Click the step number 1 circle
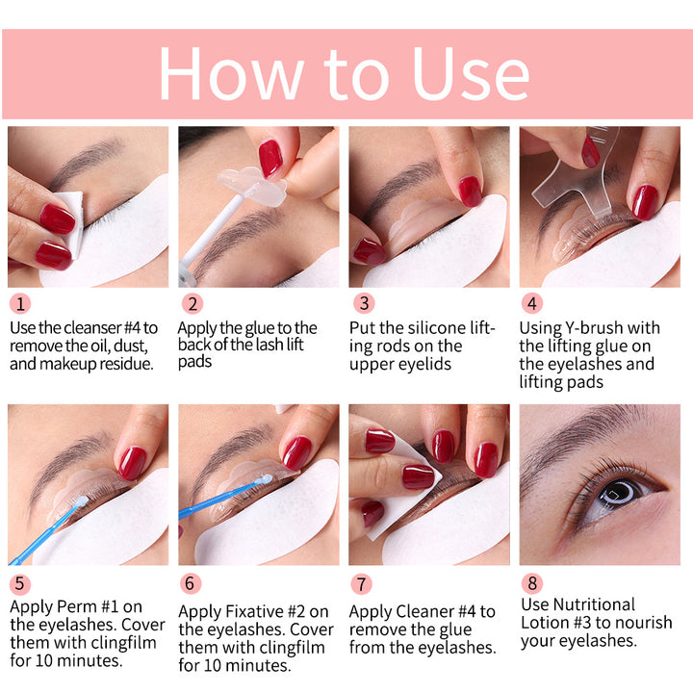[x=21, y=304]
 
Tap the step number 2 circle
[x=193, y=304]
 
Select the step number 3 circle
[x=363, y=304]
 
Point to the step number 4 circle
[x=534, y=304]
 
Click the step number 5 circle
[x=21, y=584]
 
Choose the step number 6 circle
[x=192, y=584]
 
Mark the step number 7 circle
[x=362, y=584]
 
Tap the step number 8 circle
[x=533, y=583]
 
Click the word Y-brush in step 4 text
[x=611, y=328]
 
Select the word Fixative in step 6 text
[x=254, y=612]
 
